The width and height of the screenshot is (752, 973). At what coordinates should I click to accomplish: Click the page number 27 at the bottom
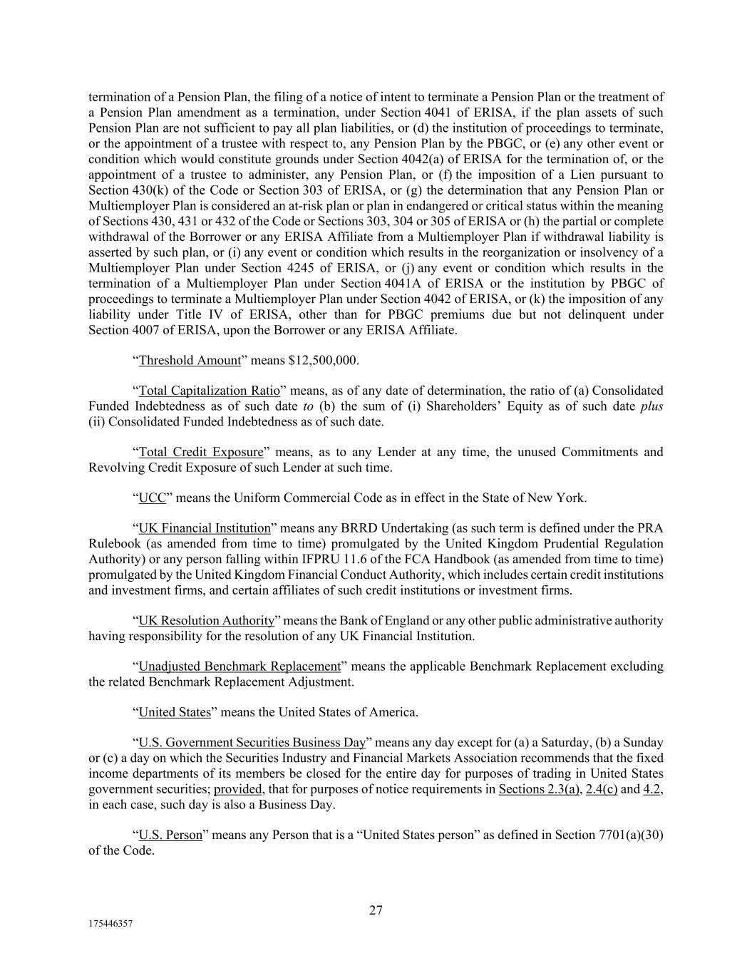tap(376, 910)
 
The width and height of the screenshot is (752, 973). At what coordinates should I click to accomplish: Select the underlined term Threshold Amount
tap(190, 360)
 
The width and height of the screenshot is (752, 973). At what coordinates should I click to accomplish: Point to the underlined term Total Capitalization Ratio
tap(209, 391)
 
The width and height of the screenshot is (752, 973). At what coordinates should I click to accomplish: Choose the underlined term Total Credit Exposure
tap(200, 452)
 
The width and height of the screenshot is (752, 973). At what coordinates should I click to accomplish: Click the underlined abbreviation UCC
tap(152, 498)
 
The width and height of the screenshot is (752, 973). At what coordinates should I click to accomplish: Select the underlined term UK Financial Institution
tap(205, 528)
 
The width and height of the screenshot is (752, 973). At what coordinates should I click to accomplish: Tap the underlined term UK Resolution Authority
tap(206, 620)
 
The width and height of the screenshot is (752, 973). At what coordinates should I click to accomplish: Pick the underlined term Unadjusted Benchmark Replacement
tap(239, 666)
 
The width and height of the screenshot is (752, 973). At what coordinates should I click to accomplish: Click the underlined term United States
tap(175, 712)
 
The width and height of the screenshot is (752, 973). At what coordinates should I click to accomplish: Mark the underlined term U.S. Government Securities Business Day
tap(252, 743)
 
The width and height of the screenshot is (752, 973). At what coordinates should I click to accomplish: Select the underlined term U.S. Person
tap(170, 835)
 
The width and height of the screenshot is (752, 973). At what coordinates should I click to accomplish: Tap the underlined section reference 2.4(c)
tap(601, 789)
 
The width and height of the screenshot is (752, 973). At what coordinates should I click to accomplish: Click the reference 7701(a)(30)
tap(627, 835)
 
